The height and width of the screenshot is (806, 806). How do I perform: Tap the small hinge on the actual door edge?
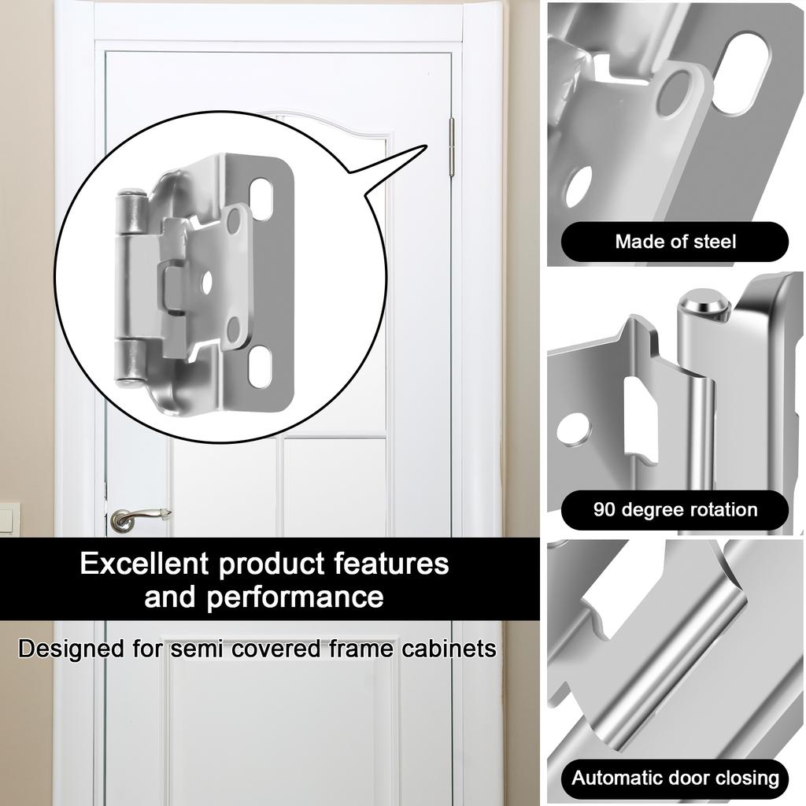pos(452,147)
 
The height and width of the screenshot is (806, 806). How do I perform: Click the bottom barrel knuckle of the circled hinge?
pos(130,363)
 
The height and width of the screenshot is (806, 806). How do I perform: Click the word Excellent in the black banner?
pos(144,564)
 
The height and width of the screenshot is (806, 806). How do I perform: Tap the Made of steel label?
pos(675,242)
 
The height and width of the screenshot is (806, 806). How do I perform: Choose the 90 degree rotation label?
pos(675,509)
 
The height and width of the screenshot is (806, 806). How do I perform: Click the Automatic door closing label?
pos(675,778)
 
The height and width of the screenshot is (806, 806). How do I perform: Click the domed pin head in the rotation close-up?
pos(700,304)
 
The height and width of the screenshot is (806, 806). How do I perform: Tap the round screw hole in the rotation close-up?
pos(573,428)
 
